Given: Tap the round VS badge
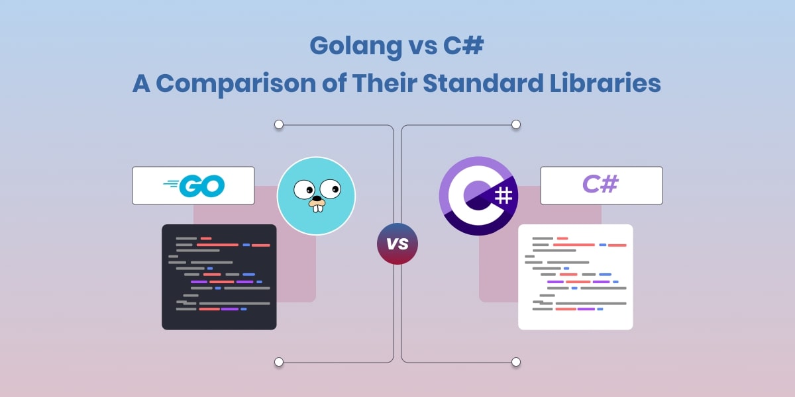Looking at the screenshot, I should [x=397, y=243].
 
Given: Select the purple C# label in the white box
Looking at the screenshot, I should [x=601, y=185].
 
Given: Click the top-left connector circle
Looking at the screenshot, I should [x=279, y=124].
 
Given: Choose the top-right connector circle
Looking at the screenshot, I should [x=516, y=124].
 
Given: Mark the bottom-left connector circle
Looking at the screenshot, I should [x=279, y=362].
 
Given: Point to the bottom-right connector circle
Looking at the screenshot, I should [x=516, y=362].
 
